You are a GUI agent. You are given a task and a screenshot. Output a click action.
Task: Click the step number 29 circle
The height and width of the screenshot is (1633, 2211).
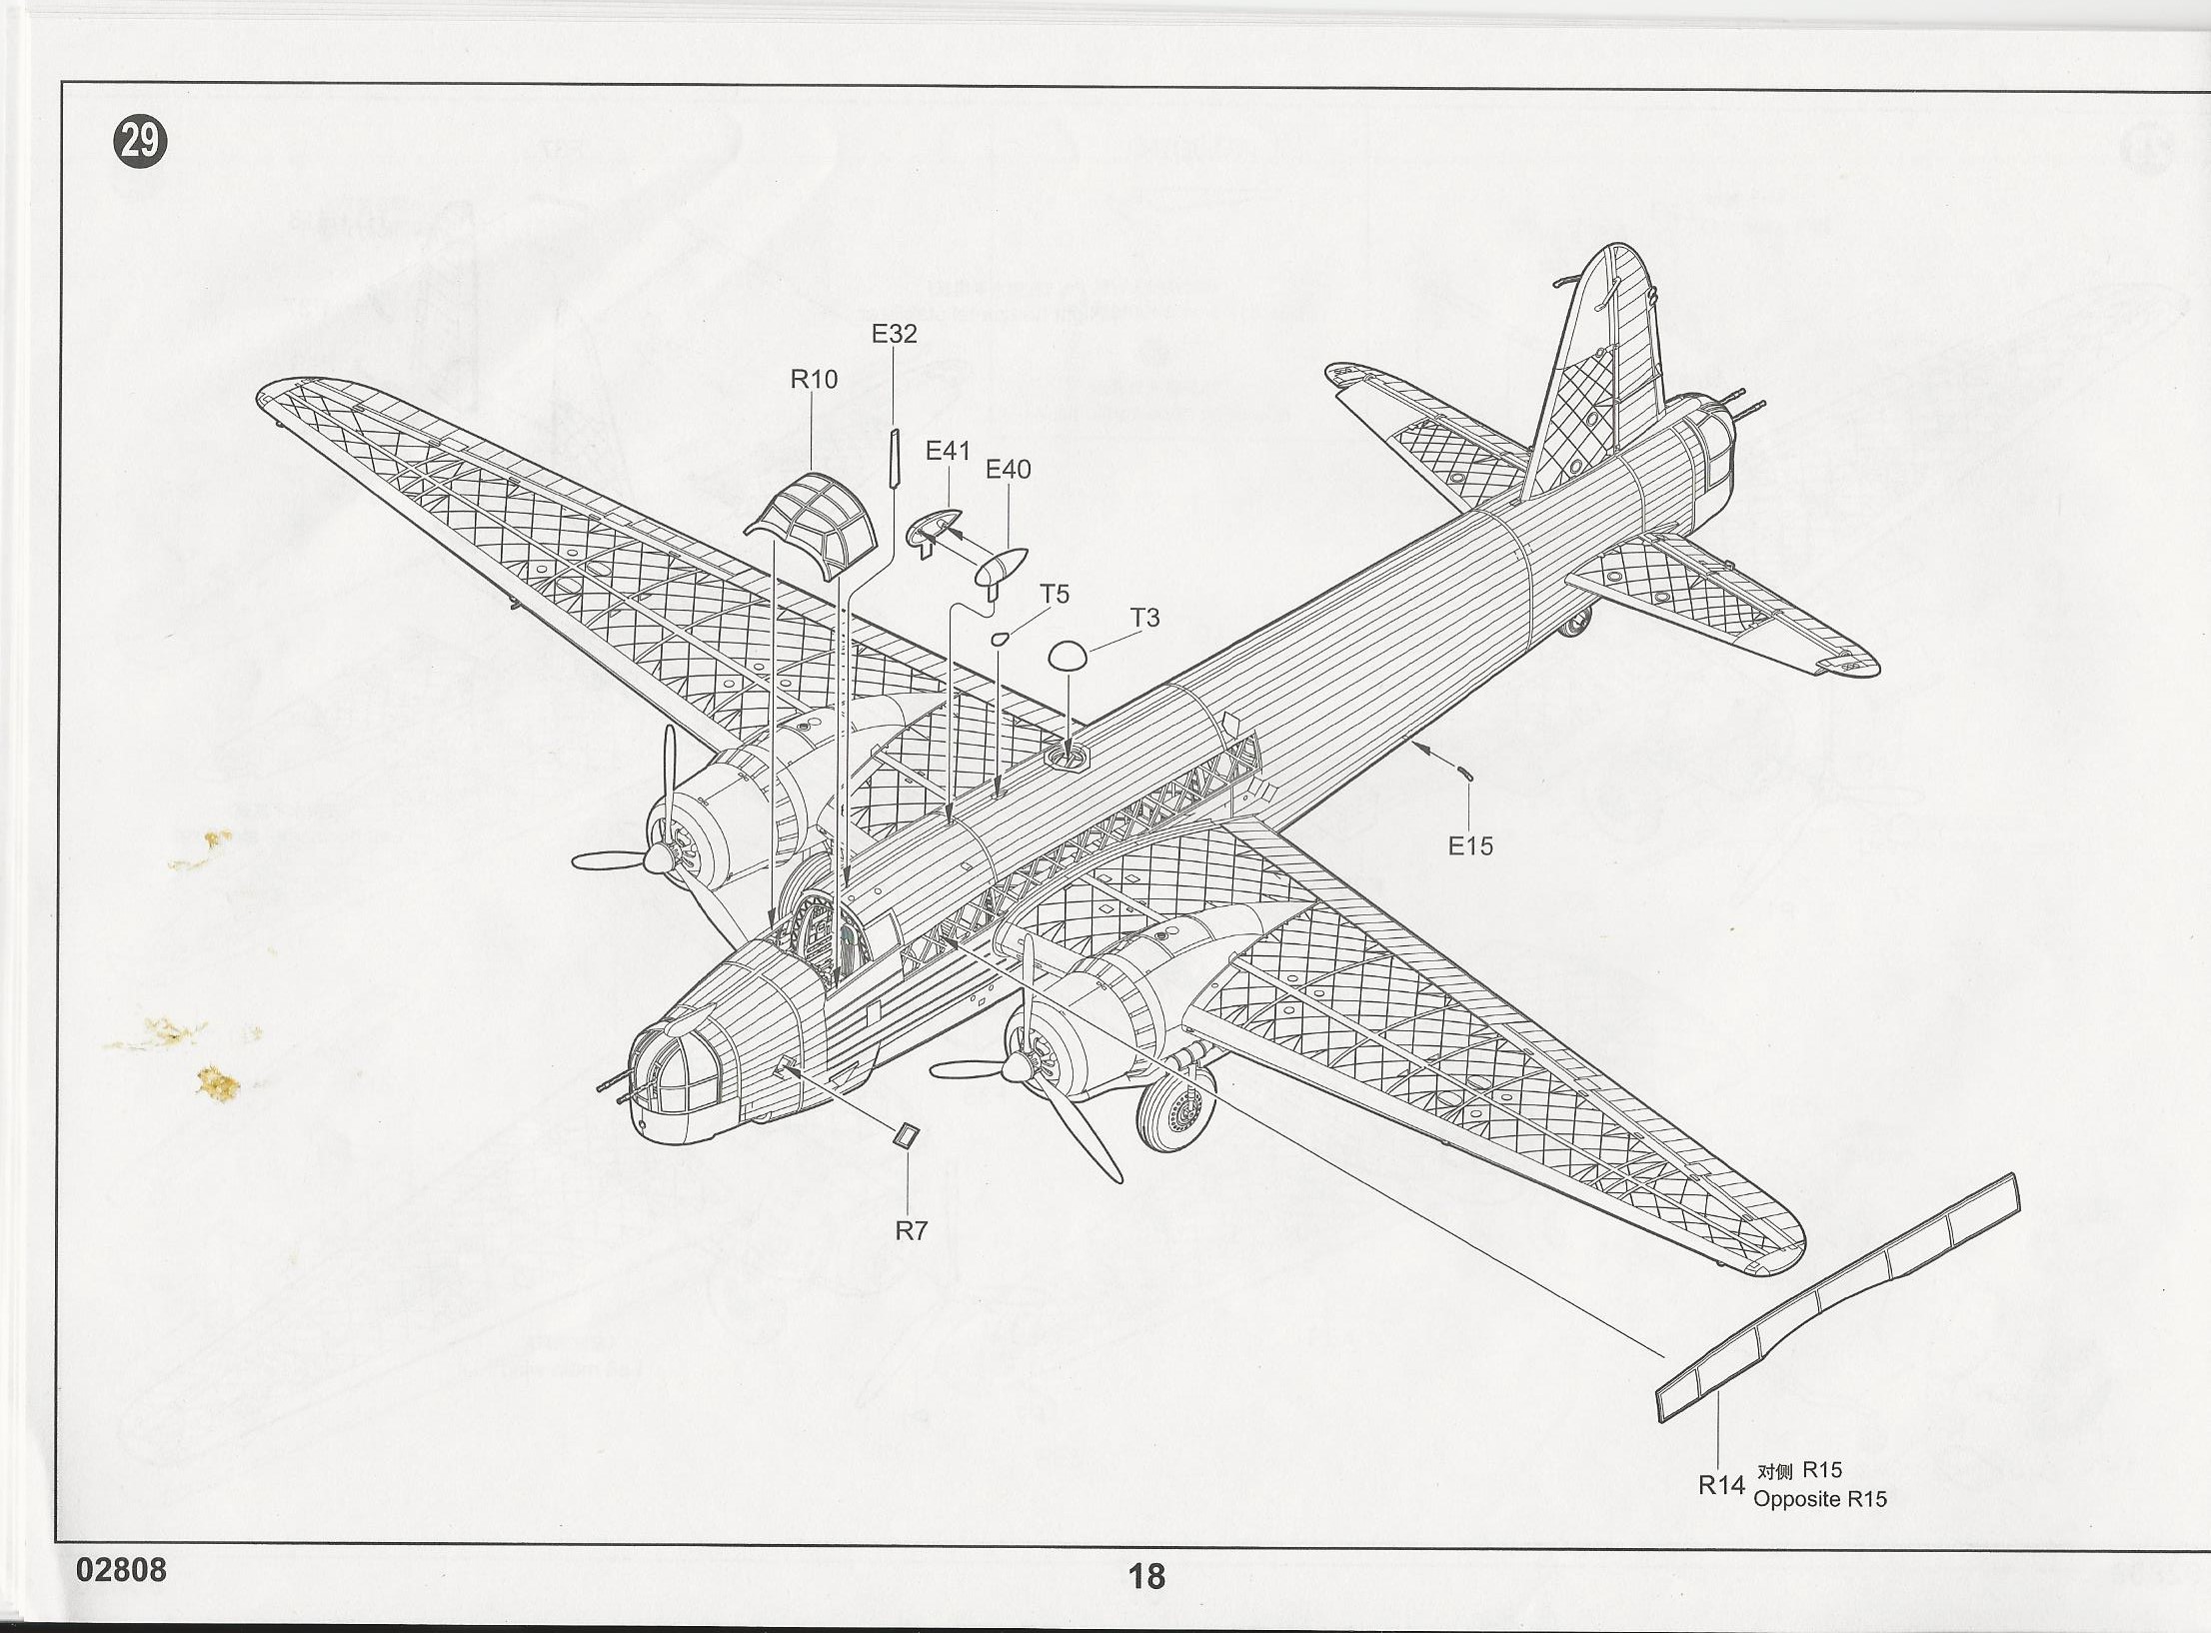(139, 143)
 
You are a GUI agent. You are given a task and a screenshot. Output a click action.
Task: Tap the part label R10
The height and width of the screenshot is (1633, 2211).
(814, 380)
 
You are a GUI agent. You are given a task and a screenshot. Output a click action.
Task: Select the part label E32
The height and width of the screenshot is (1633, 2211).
(894, 334)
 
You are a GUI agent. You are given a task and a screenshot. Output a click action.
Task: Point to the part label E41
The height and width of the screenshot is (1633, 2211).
(948, 451)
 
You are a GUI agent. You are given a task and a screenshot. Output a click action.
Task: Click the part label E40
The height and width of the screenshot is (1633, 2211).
(1008, 469)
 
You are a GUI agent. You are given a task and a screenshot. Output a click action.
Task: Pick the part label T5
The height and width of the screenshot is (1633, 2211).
(1054, 595)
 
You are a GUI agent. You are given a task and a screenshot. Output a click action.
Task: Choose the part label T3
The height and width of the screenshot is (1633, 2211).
(1144, 619)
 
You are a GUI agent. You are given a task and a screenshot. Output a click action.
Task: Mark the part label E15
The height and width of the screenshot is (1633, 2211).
(1470, 846)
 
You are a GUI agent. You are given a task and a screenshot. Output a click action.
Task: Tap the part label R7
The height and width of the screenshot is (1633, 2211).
(911, 1231)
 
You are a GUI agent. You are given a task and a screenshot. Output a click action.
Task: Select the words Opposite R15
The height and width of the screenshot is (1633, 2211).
(1820, 1499)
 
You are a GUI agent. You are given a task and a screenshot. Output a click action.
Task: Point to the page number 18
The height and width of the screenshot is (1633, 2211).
(1146, 1576)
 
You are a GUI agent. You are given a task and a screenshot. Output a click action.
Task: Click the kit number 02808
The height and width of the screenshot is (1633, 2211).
(122, 1570)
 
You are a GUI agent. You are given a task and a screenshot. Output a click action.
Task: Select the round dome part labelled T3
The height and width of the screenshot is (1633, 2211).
(1067, 656)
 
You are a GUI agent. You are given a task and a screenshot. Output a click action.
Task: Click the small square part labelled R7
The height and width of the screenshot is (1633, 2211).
(907, 1136)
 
